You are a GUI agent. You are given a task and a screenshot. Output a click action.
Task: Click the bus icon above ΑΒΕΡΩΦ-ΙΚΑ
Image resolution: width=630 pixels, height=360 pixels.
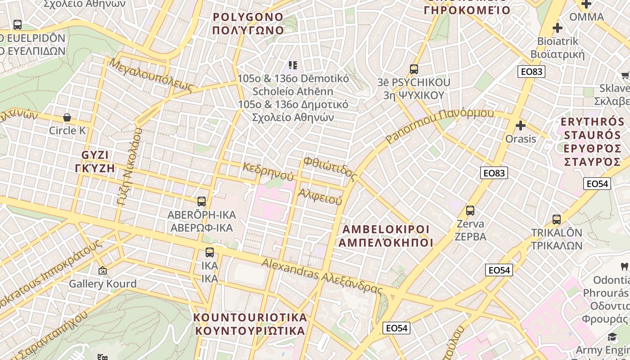202,201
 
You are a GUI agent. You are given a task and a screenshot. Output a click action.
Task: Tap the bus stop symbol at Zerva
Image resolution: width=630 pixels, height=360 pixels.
470,210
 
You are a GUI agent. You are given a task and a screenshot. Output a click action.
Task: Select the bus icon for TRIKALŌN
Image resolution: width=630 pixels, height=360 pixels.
557,220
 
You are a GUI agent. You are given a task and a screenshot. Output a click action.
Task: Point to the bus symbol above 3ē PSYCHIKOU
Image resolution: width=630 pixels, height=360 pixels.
414,69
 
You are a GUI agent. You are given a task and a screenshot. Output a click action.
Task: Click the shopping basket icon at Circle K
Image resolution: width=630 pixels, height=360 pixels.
67,118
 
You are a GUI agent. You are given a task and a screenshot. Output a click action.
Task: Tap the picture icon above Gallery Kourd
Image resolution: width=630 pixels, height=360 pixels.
103,270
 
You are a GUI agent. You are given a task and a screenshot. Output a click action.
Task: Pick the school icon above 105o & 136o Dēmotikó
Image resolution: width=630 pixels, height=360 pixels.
293,66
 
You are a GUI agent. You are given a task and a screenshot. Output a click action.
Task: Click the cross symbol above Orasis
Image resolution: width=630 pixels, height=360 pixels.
521,126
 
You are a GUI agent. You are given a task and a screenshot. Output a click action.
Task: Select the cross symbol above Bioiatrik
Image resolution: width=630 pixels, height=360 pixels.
558,28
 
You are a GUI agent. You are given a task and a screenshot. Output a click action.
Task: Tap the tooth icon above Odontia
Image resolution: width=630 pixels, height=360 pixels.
624,266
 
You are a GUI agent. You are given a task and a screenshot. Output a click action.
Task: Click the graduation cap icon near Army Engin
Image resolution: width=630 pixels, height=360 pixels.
612,337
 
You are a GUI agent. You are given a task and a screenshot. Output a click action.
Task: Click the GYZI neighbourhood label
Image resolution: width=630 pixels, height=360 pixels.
95,162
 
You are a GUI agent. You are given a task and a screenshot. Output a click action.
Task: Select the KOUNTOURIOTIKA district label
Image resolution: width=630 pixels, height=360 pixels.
250,324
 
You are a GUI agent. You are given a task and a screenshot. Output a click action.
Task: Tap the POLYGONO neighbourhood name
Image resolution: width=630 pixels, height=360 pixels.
248,24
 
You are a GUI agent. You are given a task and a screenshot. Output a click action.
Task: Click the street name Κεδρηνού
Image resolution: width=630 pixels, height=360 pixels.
268,171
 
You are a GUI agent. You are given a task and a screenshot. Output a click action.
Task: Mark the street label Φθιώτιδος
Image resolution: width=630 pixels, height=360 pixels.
329,168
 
